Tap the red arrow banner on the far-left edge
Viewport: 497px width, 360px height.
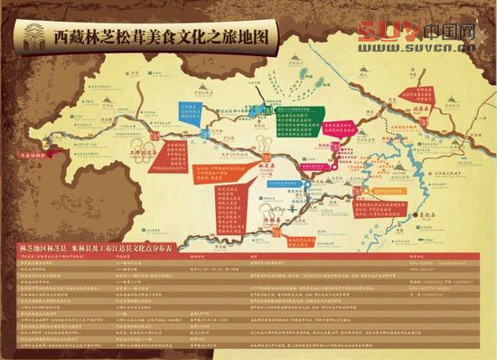click(x=28, y=155)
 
